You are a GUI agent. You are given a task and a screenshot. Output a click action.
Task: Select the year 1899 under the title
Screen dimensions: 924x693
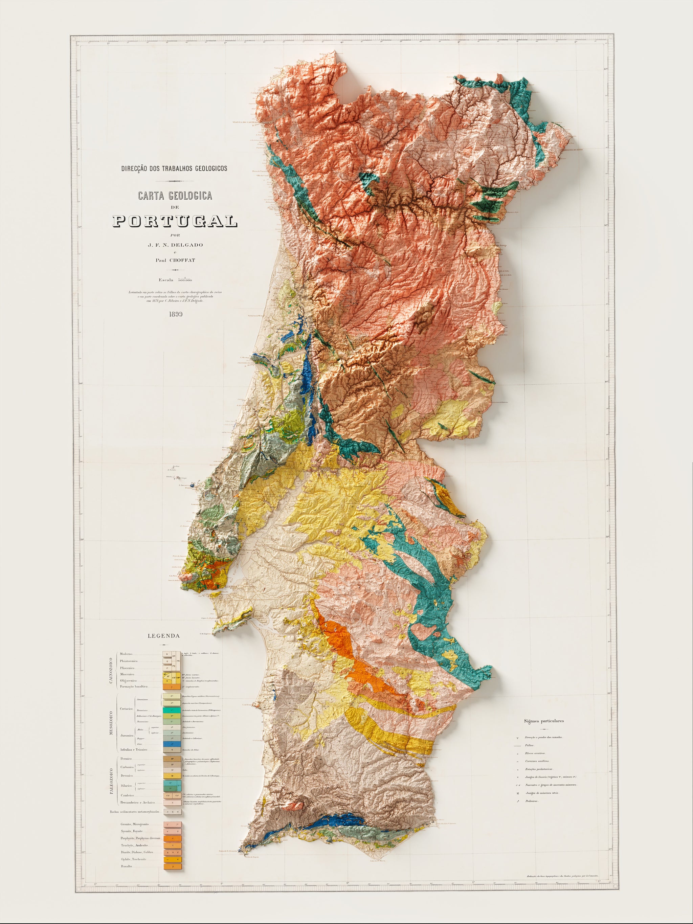[175, 314]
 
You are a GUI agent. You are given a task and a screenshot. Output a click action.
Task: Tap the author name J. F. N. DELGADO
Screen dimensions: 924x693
[175, 245]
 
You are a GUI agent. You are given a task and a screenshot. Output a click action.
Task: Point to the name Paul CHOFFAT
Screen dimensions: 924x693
[175, 260]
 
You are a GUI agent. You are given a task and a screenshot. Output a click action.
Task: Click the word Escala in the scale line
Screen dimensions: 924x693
[166, 280]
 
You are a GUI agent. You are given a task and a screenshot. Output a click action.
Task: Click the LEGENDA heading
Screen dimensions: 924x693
[164, 636]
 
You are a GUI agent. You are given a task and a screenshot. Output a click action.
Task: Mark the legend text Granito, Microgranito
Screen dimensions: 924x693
[135, 824]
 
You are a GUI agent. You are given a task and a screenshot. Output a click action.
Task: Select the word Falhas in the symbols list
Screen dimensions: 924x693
[529, 746]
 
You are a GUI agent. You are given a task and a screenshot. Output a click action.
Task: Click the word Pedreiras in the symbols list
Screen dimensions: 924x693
[531, 801]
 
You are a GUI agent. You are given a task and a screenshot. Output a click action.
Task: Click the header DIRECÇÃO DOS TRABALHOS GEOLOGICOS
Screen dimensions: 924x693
[174, 168]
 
